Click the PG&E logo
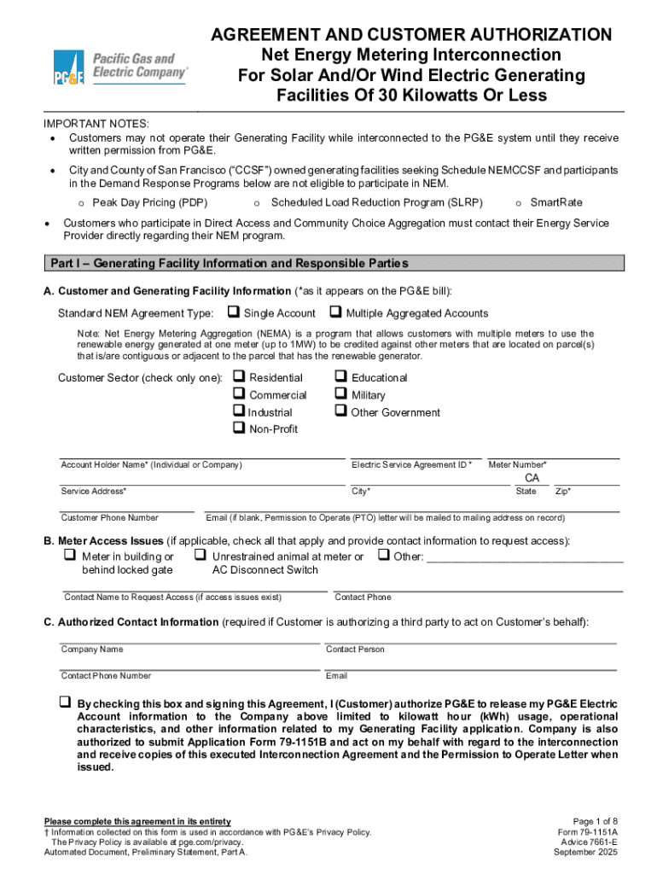pyautogui.click(x=120, y=67)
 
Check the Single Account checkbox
pyautogui.click(x=233, y=312)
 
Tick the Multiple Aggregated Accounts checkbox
pyautogui.click(x=335, y=312)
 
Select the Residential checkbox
pyautogui.click(x=239, y=376)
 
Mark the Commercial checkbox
pyautogui.click(x=239, y=394)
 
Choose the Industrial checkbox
pyautogui.click(x=239, y=411)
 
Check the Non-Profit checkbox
pyautogui.click(x=239, y=428)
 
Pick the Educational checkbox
pyautogui.click(x=341, y=376)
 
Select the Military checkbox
pyautogui.click(x=341, y=394)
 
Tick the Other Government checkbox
pyautogui.click(x=341, y=411)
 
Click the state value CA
pyautogui.click(x=532, y=479)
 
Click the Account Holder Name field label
pyautogui.click(x=151, y=465)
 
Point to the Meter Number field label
pyautogui.click(x=517, y=465)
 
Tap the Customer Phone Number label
pyautogui.click(x=109, y=517)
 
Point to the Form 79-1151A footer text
pyautogui.click(x=587, y=831)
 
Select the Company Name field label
pyautogui.click(x=91, y=650)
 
